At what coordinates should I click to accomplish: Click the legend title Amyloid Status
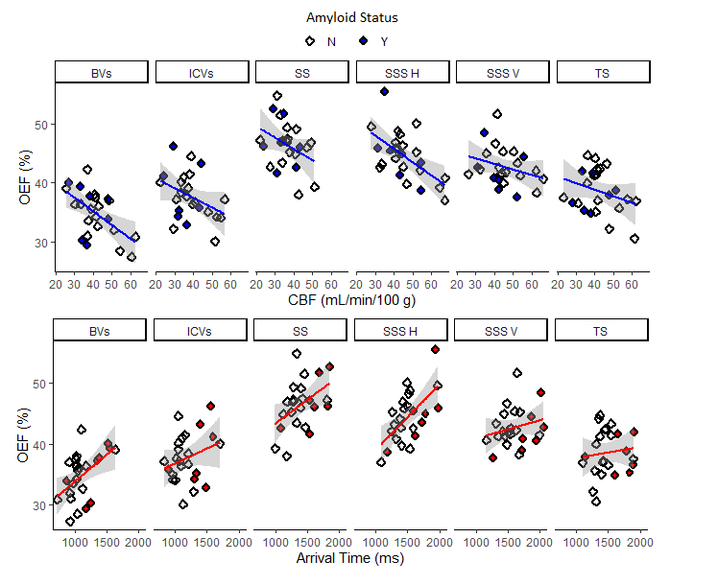pyautogui.click(x=352, y=17)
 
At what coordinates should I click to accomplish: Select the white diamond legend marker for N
pyautogui.click(x=310, y=41)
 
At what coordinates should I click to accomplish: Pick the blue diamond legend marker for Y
pyautogui.click(x=364, y=41)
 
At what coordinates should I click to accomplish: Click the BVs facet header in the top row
pyautogui.click(x=102, y=73)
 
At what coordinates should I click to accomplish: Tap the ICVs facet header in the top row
pyautogui.click(x=202, y=73)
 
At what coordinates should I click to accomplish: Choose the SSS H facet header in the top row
pyautogui.click(x=402, y=73)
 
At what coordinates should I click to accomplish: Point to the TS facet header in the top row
pyautogui.click(x=603, y=73)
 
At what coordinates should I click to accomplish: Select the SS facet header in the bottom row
pyautogui.click(x=301, y=331)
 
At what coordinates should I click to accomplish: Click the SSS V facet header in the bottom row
pyautogui.click(x=502, y=331)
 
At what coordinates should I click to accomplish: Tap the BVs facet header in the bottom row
pyautogui.click(x=101, y=331)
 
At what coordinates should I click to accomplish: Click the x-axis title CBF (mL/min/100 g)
pyautogui.click(x=352, y=301)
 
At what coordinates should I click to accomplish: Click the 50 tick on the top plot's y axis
pyautogui.click(x=39, y=125)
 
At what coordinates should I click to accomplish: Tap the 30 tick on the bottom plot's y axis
pyautogui.click(x=39, y=505)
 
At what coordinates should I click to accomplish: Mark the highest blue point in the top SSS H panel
pyautogui.click(x=384, y=91)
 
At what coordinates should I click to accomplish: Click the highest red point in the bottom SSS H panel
pyautogui.click(x=435, y=350)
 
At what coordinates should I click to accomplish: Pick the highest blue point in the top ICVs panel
pyautogui.click(x=174, y=146)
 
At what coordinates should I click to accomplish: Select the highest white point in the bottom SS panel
pyautogui.click(x=298, y=354)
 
